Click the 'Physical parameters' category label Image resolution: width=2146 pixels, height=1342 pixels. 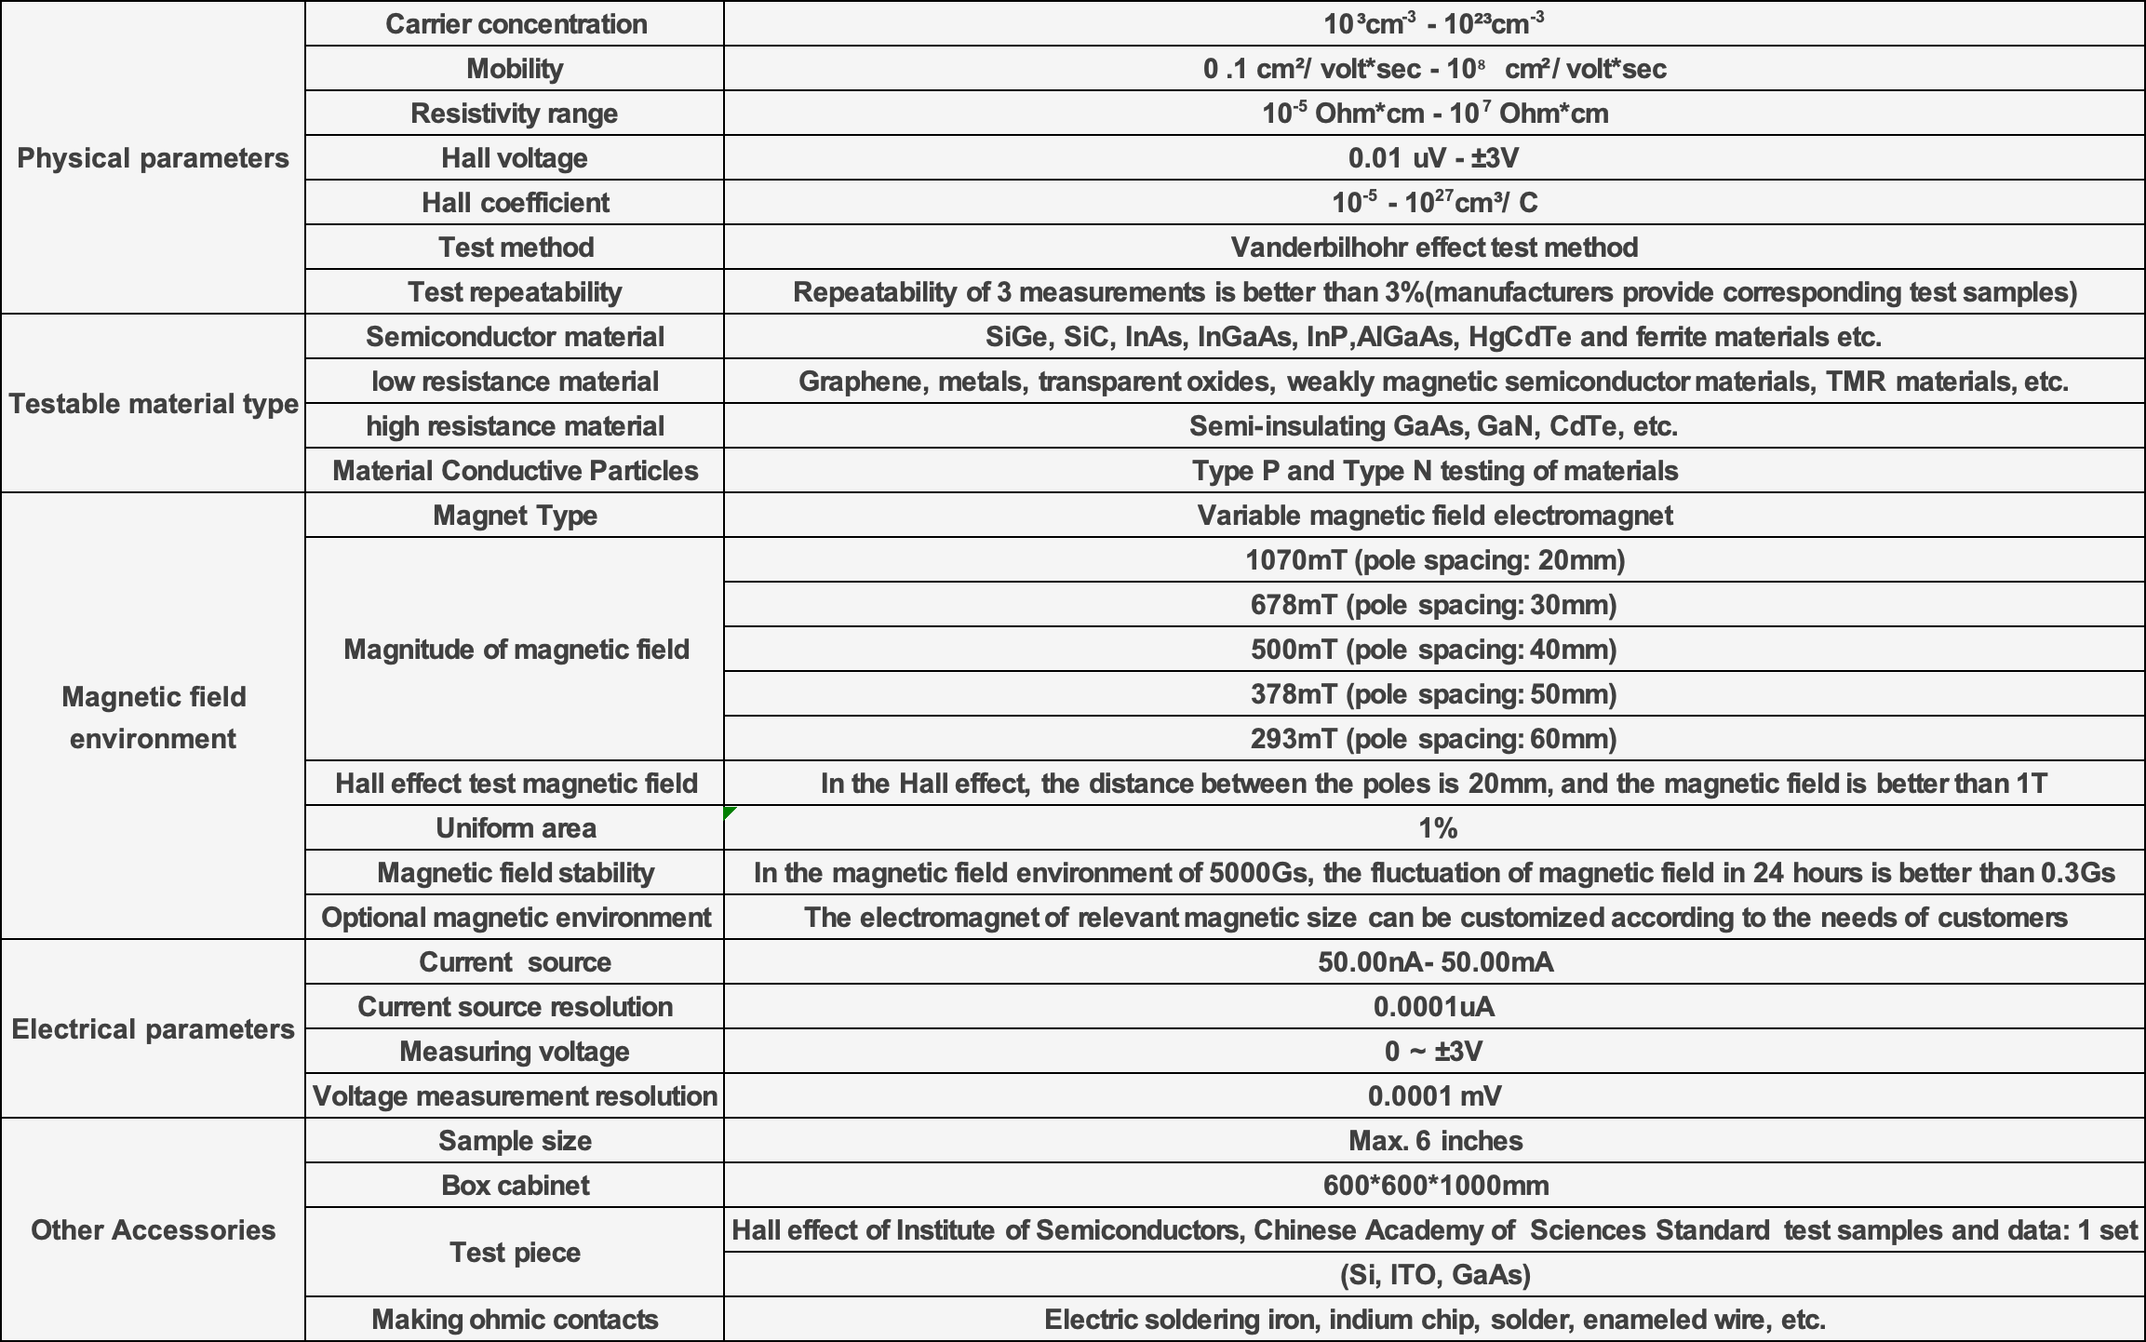[x=153, y=158]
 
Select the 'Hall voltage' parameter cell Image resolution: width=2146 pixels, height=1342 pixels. [x=515, y=158]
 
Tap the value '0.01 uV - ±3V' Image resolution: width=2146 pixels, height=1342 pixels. [x=1433, y=158]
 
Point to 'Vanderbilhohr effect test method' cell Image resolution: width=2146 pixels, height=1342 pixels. [x=1433, y=248]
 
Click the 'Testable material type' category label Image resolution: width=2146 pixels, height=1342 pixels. [x=154, y=404]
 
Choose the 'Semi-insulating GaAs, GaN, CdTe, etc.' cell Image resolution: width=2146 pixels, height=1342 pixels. [x=1433, y=426]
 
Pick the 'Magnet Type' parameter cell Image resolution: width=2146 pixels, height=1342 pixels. [x=515, y=516]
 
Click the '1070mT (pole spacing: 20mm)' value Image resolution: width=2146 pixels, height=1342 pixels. [x=1434, y=560]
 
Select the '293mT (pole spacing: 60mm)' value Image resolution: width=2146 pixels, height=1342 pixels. [x=1433, y=739]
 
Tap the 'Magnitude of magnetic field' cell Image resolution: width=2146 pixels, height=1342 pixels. [x=516, y=650]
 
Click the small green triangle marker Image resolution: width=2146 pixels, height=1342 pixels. [x=729, y=812]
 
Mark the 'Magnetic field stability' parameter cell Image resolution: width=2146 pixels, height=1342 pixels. [x=516, y=873]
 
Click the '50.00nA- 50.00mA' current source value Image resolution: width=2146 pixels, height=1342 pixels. [x=1435, y=962]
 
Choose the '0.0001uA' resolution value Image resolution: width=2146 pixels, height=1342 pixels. [x=1434, y=1007]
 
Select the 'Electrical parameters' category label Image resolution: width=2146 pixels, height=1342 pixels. [x=153, y=1029]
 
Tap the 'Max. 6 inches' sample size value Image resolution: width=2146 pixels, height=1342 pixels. [x=1435, y=1141]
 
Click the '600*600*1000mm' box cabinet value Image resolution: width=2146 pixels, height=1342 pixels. [x=1435, y=1186]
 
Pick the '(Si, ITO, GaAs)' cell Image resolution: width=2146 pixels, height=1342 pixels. [x=1435, y=1275]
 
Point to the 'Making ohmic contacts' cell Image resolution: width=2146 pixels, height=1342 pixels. [x=515, y=1320]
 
